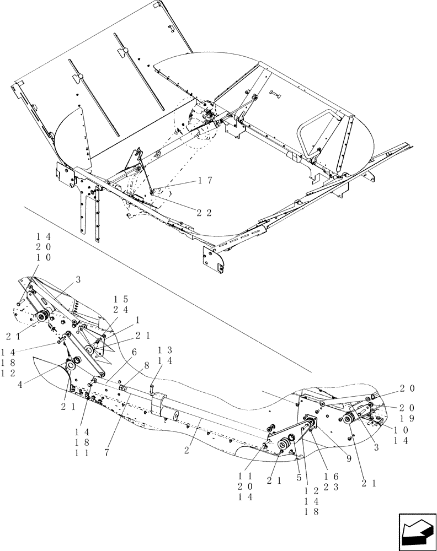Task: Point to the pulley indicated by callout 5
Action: click(287, 443)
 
